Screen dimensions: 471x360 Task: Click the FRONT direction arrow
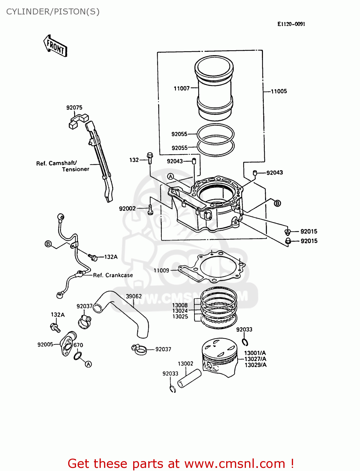tap(56, 46)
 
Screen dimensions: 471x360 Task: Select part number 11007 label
tap(182, 89)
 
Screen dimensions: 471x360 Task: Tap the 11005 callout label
tap(279, 91)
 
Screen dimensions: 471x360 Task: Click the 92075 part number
tap(74, 108)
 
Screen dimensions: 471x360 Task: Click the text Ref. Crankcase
tap(113, 275)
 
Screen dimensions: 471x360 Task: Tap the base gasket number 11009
tap(161, 270)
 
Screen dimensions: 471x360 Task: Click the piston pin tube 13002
tap(189, 378)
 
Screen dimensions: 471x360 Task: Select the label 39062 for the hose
tap(134, 296)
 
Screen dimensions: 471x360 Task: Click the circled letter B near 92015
tap(277, 203)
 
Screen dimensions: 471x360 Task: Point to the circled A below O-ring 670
tap(89, 364)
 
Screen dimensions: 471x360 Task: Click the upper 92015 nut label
tap(309, 231)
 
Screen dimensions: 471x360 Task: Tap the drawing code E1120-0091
tap(291, 24)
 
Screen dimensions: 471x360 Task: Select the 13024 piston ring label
tap(180, 311)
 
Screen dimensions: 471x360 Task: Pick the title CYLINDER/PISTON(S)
tap(53, 12)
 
